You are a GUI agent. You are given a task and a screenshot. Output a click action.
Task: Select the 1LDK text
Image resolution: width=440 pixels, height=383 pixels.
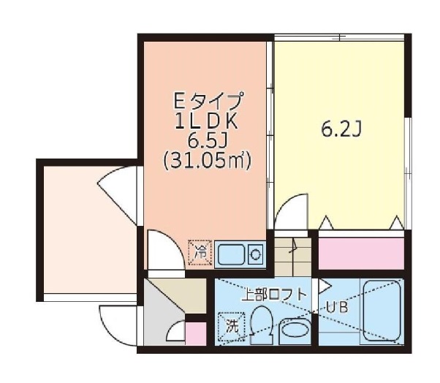coord(208,121)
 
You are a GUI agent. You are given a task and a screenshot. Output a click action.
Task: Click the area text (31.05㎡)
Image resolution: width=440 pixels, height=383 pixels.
coord(208,159)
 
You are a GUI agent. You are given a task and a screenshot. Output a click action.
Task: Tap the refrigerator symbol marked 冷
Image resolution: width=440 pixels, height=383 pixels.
coord(200,254)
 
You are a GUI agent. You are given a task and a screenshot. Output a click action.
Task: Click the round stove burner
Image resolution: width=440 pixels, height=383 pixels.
coord(255,255)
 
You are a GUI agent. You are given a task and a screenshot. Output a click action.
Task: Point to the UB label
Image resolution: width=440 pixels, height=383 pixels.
coord(341,308)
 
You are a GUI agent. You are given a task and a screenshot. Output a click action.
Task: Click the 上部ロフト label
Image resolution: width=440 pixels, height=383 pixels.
coord(277,295)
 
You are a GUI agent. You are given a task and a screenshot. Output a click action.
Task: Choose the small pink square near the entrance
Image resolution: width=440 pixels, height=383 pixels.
coord(195,333)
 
